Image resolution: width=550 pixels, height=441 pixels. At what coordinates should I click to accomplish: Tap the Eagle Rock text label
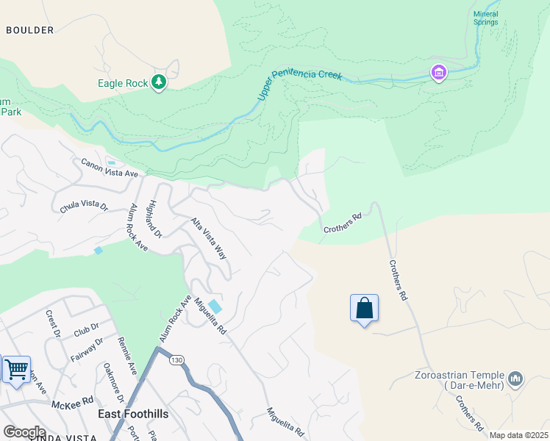(123, 83)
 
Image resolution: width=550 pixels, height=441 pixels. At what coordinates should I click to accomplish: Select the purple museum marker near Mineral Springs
(439, 73)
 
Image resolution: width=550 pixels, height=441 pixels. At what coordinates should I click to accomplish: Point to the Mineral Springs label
(485, 18)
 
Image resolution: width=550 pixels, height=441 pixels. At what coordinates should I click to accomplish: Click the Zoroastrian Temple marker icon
(515, 379)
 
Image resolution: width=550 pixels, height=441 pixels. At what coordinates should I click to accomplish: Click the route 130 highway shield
(176, 360)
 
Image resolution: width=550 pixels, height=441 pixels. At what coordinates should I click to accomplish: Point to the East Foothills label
(133, 415)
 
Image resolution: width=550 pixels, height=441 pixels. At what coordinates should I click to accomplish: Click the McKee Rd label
(72, 402)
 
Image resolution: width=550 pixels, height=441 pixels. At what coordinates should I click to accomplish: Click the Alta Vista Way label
(208, 237)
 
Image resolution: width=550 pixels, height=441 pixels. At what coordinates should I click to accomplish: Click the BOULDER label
(29, 30)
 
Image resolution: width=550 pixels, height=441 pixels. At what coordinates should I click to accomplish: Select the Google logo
(24, 432)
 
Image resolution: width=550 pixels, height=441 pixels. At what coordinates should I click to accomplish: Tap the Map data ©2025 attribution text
(518, 435)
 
